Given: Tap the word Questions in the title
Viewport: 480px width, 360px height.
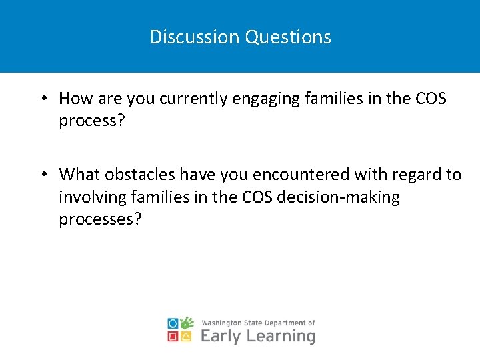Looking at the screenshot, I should pos(288,37).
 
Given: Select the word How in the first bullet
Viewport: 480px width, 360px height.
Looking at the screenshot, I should pos(74,99).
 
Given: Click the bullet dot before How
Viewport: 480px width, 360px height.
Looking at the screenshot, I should pos(43,99).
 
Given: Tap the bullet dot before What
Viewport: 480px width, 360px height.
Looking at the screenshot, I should pos(43,175).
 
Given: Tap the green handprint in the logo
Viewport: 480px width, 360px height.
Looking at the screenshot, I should pos(187,323).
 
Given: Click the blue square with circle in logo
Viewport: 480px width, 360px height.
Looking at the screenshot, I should pos(173,323).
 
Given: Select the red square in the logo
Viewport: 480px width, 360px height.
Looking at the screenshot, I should pos(173,337).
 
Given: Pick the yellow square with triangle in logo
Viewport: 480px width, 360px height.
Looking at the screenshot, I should pos(187,337).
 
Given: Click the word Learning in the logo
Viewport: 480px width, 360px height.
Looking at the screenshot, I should pos(281,337).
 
